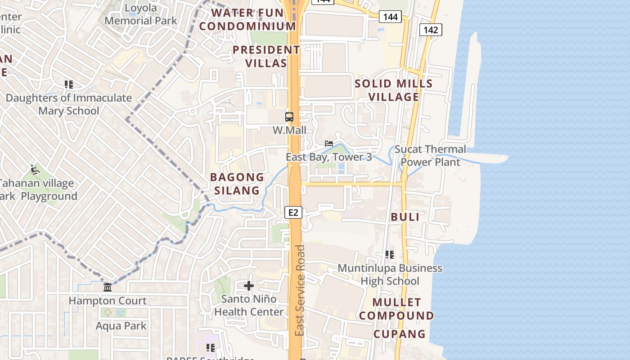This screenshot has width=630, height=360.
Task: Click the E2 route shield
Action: pyautogui.click(x=293, y=212)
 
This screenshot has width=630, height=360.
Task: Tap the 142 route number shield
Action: pyautogui.click(x=431, y=30)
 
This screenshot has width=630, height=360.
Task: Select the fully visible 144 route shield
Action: pyautogui.click(x=390, y=17)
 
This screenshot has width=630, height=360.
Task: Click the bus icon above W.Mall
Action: pyautogui.click(x=289, y=117)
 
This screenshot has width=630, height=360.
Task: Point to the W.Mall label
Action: pyautogui.click(x=289, y=130)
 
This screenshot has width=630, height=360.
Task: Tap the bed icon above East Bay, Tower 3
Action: pyautogui.click(x=329, y=144)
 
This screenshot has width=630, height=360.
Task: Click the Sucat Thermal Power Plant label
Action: pyautogui.click(x=430, y=156)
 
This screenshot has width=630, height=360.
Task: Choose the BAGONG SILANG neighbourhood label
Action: pyautogui.click(x=237, y=184)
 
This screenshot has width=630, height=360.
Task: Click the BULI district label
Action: pyautogui.click(x=405, y=217)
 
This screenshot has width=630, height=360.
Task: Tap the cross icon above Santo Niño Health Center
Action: pyautogui.click(x=249, y=286)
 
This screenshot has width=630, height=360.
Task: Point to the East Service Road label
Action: pyautogui.click(x=300, y=290)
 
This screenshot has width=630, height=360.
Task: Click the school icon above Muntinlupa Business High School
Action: pyautogui.click(x=390, y=255)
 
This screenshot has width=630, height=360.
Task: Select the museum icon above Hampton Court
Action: pyautogui.click(x=108, y=287)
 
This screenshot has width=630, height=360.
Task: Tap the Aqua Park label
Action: pyautogui.click(x=121, y=325)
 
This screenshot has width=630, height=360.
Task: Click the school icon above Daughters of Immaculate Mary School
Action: pyautogui.click(x=69, y=84)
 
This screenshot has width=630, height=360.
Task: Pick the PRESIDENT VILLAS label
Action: pyautogui.click(x=266, y=56)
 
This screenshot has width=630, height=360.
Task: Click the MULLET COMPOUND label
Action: pyautogui.click(x=396, y=309)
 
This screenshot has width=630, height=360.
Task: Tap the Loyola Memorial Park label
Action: pyautogui.click(x=141, y=14)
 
